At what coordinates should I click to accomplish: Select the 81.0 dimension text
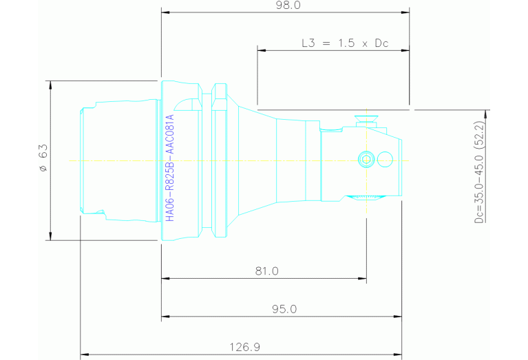[x=266, y=271]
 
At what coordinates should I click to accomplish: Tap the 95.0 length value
[x=284, y=310]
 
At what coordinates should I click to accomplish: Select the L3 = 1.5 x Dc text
[x=345, y=43]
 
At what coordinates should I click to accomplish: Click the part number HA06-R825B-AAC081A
[x=170, y=169]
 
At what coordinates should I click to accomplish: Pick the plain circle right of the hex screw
[x=385, y=160]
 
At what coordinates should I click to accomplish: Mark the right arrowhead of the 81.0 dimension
[x=363, y=279]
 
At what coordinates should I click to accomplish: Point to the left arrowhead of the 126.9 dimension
[x=84, y=355]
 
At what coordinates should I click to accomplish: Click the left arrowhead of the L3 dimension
[x=261, y=50]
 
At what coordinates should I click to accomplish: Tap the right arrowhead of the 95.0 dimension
[x=399, y=317]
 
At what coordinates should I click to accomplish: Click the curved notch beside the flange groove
[x=187, y=105]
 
